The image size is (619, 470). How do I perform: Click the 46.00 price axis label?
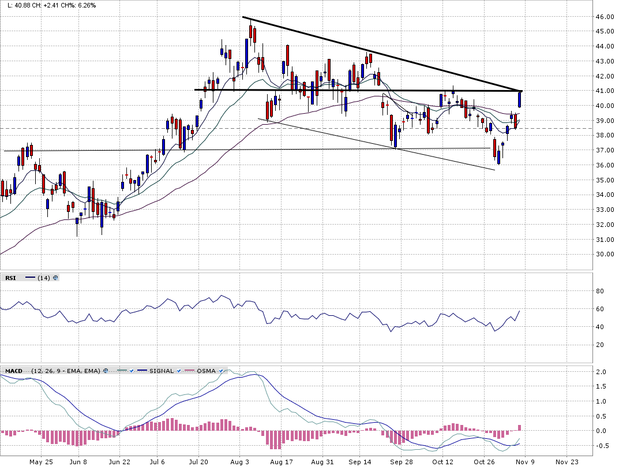pyautogui.click(x=605, y=17)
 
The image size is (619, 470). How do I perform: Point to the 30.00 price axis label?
pyautogui.click(x=605, y=255)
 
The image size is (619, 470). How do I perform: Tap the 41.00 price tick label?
pyautogui.click(x=605, y=91)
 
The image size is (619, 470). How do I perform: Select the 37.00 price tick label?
pyautogui.click(x=605, y=151)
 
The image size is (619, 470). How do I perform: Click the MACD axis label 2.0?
pyautogui.click(x=602, y=372)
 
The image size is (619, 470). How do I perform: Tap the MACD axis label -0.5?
pyautogui.click(x=601, y=446)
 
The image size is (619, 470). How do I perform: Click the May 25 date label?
pyautogui.click(x=40, y=462)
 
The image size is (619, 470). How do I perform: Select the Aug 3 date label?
pyautogui.click(x=239, y=462)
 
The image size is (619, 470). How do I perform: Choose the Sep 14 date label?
pyautogui.click(x=359, y=462)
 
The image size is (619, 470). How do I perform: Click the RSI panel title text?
pyautogui.click(x=10, y=278)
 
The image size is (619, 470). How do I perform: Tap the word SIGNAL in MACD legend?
pyautogui.click(x=162, y=371)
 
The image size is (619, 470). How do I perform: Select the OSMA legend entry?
pyautogui.click(x=205, y=371)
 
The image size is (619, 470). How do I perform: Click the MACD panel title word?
pyautogui.click(x=14, y=371)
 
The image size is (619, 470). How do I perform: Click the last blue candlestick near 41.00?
pyautogui.click(x=520, y=99)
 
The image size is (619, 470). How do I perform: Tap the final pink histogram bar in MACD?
pyautogui.click(x=519, y=428)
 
